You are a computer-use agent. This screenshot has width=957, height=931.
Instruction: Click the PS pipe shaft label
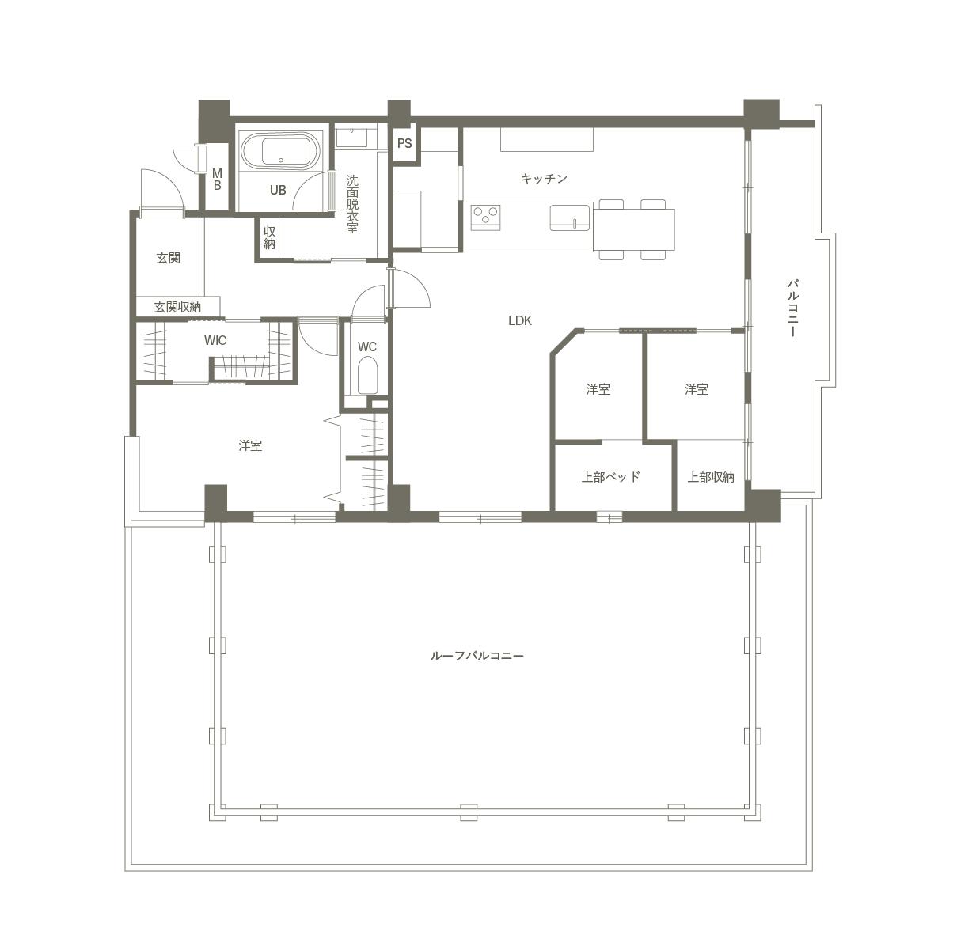click(x=404, y=143)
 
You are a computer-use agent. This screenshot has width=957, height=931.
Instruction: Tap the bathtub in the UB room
click(x=280, y=150)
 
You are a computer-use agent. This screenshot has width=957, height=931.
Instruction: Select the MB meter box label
click(x=217, y=180)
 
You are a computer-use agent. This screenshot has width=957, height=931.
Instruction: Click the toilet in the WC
click(x=366, y=376)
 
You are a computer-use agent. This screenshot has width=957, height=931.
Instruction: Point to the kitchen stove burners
click(x=485, y=217)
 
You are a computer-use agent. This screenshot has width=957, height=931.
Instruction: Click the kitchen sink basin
click(x=570, y=218)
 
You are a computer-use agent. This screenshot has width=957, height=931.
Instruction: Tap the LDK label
click(x=520, y=320)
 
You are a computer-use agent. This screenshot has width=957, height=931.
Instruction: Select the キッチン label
click(x=544, y=178)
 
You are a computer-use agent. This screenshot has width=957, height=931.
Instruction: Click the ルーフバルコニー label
click(x=477, y=655)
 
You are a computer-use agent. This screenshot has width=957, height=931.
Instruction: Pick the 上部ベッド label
click(x=611, y=476)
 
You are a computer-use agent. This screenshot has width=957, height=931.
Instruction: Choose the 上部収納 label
click(x=711, y=476)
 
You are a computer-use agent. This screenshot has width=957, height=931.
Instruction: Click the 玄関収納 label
click(x=177, y=307)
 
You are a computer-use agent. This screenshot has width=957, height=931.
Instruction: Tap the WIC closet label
click(x=215, y=340)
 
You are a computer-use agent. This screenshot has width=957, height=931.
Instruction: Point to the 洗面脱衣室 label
click(x=352, y=203)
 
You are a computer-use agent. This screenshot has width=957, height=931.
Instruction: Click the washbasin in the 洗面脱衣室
click(x=351, y=138)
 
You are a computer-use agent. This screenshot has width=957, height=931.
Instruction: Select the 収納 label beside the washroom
click(x=269, y=238)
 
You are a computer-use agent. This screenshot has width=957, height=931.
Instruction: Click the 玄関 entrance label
click(x=168, y=258)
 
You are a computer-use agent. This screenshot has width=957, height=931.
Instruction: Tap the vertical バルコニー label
click(x=792, y=308)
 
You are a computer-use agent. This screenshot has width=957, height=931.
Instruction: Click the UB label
click(x=278, y=190)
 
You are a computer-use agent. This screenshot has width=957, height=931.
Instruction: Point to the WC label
click(x=366, y=346)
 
